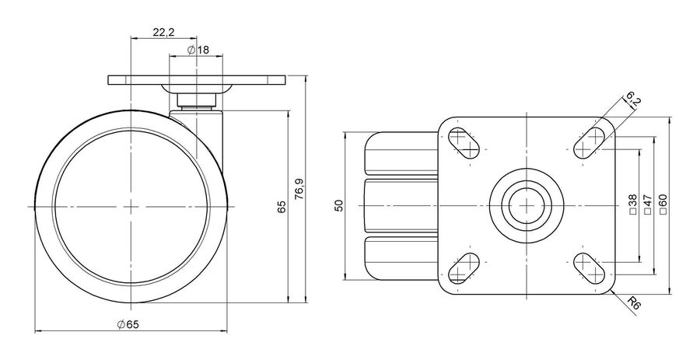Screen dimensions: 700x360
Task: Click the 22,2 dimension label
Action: point(163,32)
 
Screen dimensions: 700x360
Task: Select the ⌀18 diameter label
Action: point(198,50)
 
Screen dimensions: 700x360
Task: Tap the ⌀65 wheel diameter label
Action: point(128,324)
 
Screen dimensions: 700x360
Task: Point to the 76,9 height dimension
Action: point(299,189)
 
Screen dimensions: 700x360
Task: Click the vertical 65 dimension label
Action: point(282,207)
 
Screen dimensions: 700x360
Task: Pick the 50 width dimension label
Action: point(339,205)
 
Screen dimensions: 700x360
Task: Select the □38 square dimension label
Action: point(632,205)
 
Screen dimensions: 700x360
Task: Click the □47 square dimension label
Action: point(648,205)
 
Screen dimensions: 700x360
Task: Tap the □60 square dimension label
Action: point(663,204)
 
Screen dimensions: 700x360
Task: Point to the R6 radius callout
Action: point(634,304)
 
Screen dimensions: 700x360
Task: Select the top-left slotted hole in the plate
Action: point(463,143)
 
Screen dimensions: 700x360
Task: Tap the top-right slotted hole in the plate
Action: point(590,143)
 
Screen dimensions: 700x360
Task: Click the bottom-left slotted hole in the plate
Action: point(463,268)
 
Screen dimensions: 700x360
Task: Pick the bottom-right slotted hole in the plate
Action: point(590,268)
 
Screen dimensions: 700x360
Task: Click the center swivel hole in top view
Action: point(527,205)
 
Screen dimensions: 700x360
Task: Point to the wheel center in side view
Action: point(131,207)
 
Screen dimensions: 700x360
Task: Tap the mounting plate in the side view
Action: point(197,81)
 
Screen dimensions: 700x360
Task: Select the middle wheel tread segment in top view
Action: point(401,205)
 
